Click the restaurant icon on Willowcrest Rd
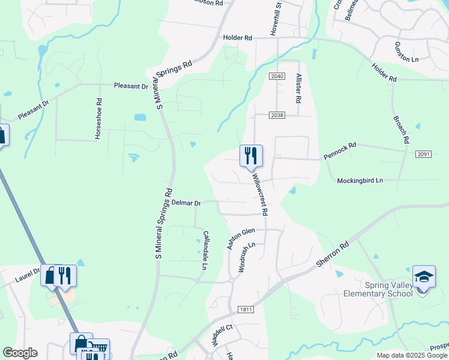(x=251, y=156)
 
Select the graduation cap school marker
(x=424, y=277)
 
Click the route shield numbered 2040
(x=277, y=76)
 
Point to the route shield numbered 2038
(x=277, y=115)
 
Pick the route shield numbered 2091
(x=423, y=154)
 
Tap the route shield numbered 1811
(x=246, y=309)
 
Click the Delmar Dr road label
(x=185, y=203)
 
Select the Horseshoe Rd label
(x=98, y=118)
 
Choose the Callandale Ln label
(x=206, y=249)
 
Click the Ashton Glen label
(x=240, y=238)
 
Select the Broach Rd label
(x=401, y=129)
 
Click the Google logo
(x=20, y=353)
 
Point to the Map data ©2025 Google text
(x=412, y=355)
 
